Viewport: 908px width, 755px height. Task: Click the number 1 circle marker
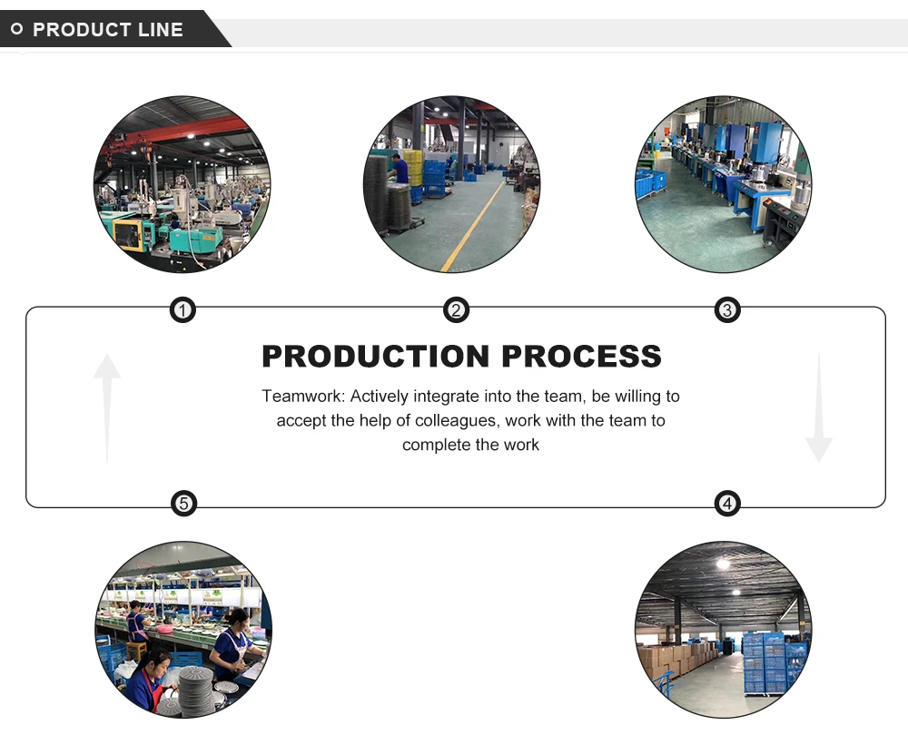[x=183, y=311]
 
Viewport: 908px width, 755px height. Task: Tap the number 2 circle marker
[x=456, y=311]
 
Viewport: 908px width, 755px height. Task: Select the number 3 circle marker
[x=727, y=311]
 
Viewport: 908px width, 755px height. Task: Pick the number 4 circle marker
[x=727, y=503]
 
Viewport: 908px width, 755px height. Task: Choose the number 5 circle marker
[x=183, y=503]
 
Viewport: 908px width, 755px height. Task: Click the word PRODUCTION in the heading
[x=376, y=357]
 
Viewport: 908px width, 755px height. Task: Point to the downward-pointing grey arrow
[x=818, y=408]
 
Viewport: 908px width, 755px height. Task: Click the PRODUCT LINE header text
[x=108, y=30]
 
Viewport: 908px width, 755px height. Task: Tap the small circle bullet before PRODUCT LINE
[x=16, y=30]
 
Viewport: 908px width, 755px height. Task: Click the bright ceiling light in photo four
[x=723, y=564]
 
